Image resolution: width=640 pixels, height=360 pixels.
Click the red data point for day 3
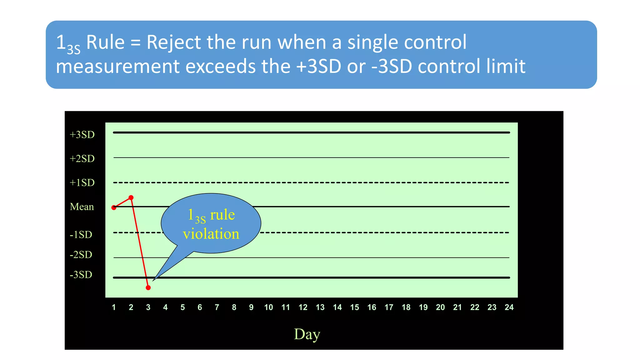pos(148,287)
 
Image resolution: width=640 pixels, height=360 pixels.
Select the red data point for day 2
pos(131,197)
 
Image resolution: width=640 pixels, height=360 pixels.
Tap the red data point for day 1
pos(114,207)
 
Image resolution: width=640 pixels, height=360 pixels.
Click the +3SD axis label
pos(82,135)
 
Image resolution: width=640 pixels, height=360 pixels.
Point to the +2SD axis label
pos(82,159)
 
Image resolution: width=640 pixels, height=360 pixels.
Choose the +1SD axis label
pos(82,183)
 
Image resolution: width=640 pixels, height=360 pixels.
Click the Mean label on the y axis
pos(82,207)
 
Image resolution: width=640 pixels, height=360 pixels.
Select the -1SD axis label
pos(81,235)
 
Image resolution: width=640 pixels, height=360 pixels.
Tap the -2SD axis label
pos(81,255)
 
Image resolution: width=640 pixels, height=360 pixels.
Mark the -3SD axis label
pos(81,275)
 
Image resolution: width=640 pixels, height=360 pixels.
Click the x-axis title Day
pos(307,334)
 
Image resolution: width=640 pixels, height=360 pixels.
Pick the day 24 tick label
pos(509,307)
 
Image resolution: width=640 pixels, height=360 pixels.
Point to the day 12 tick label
pos(303,307)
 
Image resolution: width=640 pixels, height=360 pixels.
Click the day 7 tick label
pos(217,307)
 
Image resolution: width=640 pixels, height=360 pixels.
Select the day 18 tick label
pos(406,307)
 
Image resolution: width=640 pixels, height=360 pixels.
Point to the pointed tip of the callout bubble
pos(153,280)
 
